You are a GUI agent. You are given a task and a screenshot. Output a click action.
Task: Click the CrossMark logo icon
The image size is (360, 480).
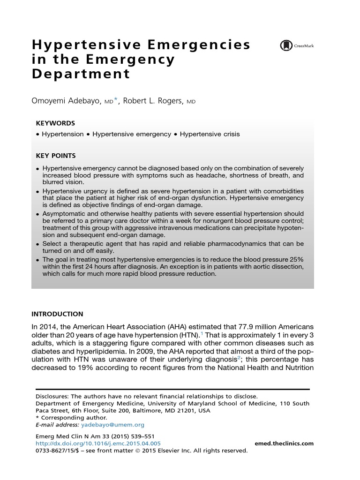click(285, 45)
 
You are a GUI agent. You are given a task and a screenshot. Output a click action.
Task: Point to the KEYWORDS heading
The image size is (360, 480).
click(55, 123)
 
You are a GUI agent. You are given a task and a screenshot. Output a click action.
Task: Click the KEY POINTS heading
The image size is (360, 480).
click(56, 156)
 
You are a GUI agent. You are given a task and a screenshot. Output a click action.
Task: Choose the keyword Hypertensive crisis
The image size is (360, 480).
click(210, 134)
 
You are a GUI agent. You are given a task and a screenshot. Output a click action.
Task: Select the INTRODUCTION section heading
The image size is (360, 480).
click(57, 314)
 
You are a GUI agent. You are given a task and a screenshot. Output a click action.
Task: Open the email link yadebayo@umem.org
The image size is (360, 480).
click(112, 425)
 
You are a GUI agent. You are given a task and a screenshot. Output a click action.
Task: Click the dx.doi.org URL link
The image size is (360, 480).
click(98, 443)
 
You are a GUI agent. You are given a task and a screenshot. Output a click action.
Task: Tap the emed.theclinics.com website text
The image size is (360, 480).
click(284, 443)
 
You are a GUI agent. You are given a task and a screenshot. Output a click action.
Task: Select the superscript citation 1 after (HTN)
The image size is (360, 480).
click(202, 333)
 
